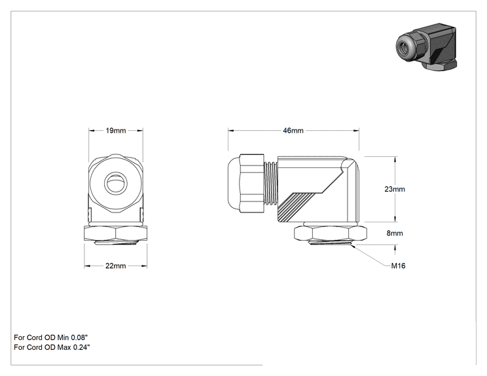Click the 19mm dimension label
(x=116, y=131)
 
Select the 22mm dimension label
(x=116, y=266)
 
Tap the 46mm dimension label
(x=293, y=131)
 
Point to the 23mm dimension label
(x=395, y=189)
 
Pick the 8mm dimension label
(x=395, y=233)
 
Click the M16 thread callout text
(x=398, y=266)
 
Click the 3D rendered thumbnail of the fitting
(x=426, y=46)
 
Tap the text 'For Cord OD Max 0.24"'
(x=52, y=347)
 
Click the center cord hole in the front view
(x=116, y=183)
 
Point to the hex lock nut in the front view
(x=116, y=233)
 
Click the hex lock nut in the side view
(x=330, y=233)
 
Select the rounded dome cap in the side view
(x=234, y=183)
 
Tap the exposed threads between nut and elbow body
(x=271, y=183)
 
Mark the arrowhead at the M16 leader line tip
(x=353, y=246)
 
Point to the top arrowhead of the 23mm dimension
(x=395, y=160)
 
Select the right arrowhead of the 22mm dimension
(x=144, y=266)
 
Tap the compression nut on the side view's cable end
(x=252, y=183)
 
